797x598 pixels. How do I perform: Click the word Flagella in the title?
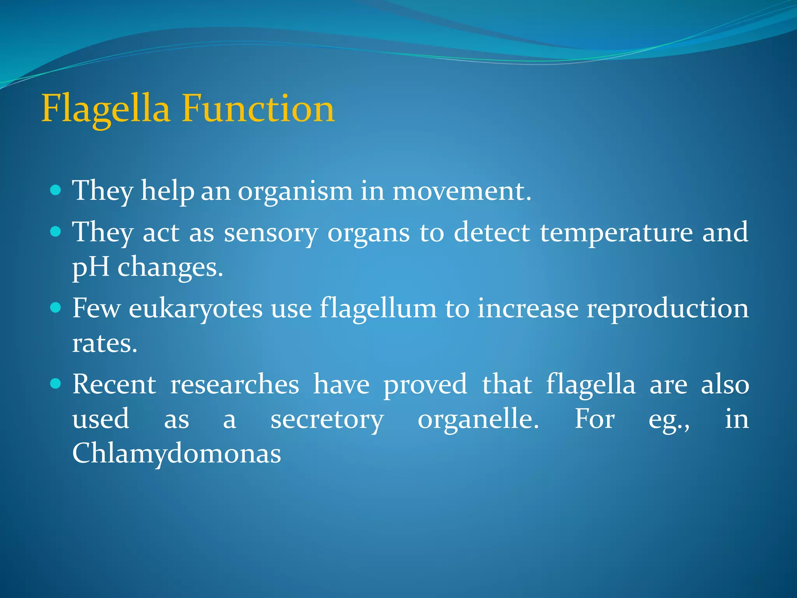click(105, 109)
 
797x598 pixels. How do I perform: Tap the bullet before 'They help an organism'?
click(56, 190)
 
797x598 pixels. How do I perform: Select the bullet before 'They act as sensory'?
click(56, 232)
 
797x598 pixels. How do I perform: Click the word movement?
click(462, 191)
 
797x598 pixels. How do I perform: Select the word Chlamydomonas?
click(176, 454)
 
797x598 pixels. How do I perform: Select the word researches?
click(235, 385)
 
